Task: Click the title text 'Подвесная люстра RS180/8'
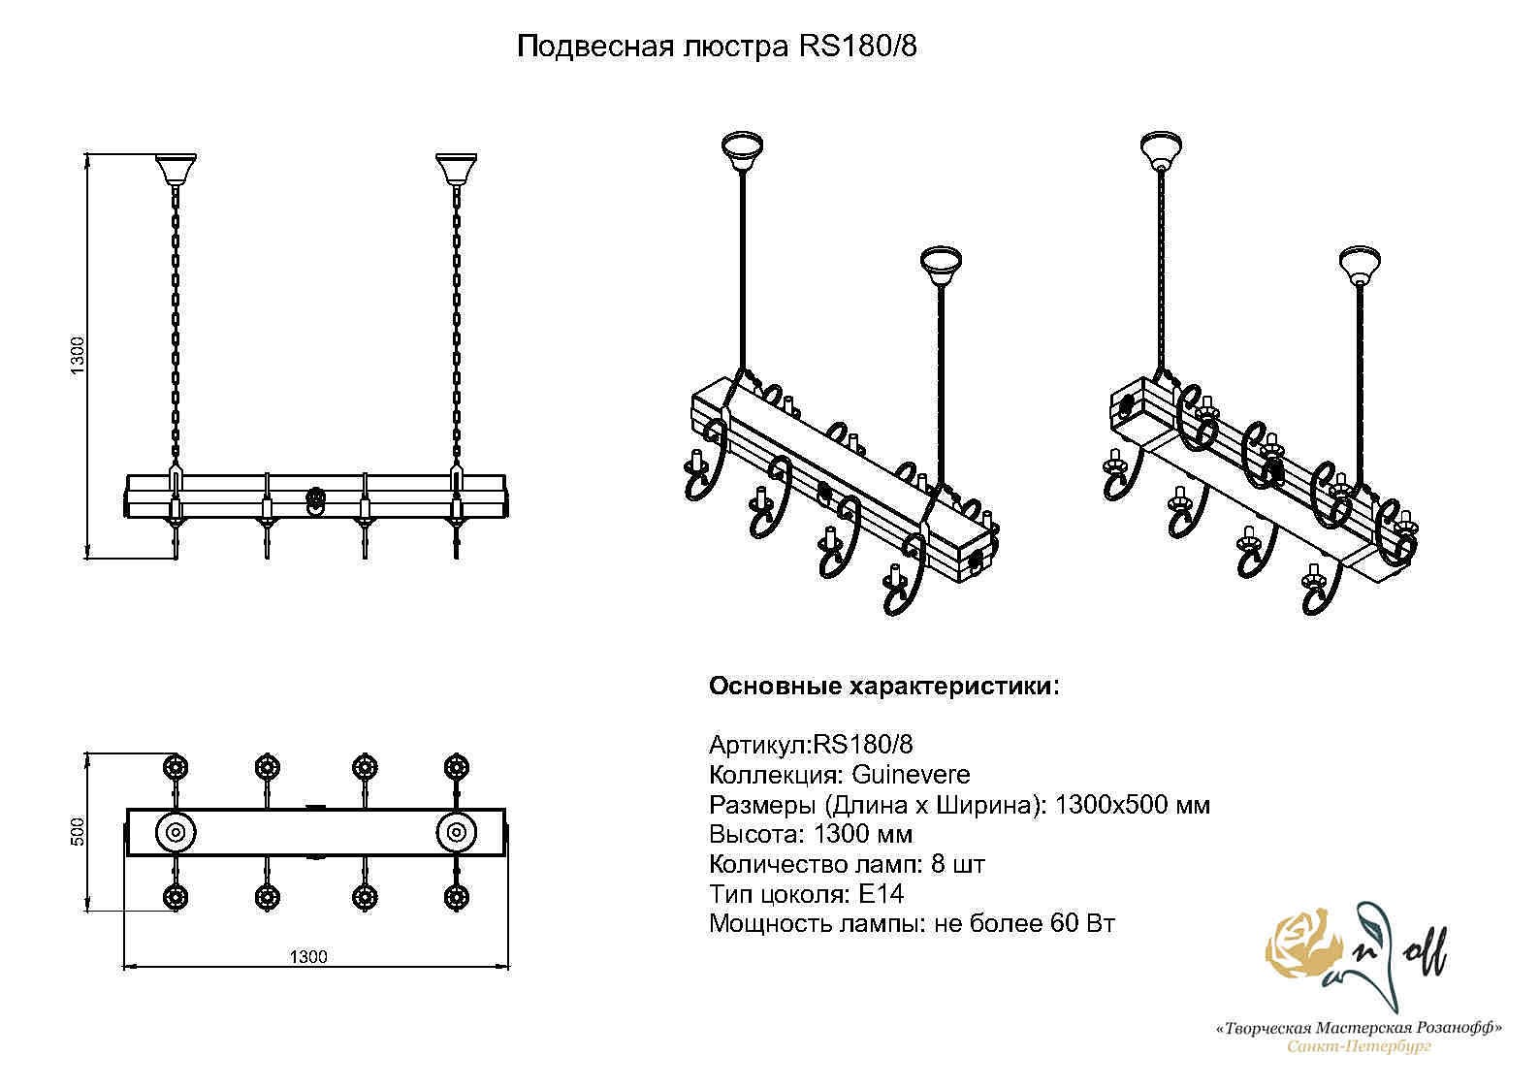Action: click(716, 47)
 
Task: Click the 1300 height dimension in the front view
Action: click(79, 357)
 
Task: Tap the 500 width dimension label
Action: click(79, 832)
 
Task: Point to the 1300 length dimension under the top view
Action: click(308, 957)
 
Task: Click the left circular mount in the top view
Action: click(176, 832)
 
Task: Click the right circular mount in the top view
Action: click(456, 832)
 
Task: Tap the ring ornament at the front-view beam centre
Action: click(316, 500)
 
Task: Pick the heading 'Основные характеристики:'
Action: click(884, 687)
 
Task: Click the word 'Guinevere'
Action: click(911, 775)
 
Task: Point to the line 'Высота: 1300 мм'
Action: click(811, 834)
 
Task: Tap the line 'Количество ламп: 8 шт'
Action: click(847, 864)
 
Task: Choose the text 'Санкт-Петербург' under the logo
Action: click(1359, 1046)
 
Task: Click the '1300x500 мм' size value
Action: click(1132, 805)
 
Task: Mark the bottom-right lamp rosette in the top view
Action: click(456, 897)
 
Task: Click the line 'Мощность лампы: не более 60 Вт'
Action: click(912, 923)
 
